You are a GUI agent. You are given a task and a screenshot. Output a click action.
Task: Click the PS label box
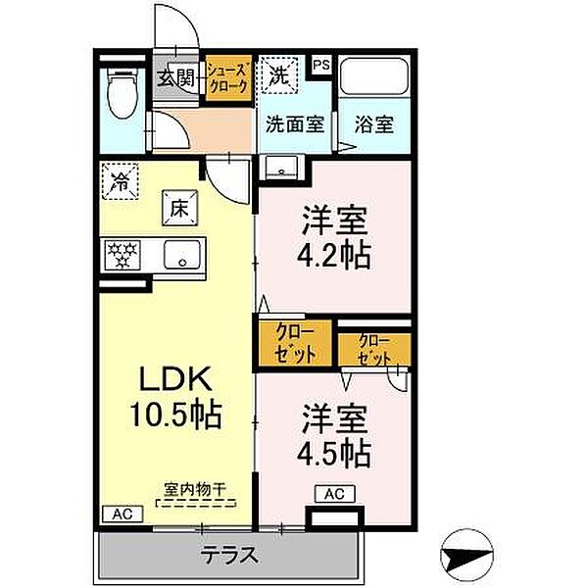(x=320, y=67)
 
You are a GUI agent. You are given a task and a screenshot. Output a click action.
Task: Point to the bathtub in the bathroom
(x=373, y=78)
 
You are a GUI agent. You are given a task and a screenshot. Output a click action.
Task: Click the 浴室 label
(x=373, y=125)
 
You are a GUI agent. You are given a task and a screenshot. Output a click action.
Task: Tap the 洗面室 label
(x=295, y=125)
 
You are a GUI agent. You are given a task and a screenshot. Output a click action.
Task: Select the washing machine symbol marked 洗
(x=279, y=74)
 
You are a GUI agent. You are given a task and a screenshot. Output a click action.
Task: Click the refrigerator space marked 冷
(x=121, y=181)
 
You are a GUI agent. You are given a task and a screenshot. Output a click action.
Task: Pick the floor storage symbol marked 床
(x=179, y=208)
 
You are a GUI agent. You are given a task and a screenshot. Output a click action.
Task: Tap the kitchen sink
(x=181, y=257)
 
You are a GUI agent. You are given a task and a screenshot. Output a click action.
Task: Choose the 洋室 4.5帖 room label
(x=334, y=435)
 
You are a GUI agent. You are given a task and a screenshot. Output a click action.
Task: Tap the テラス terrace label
(x=229, y=556)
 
